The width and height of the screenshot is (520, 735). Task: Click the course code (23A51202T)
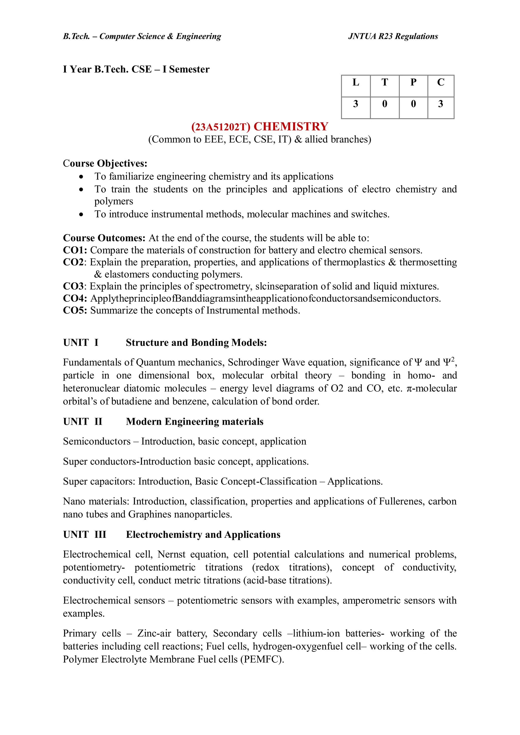tap(220, 127)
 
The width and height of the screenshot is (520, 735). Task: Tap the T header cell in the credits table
tap(384, 83)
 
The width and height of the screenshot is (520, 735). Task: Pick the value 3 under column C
tap(441, 104)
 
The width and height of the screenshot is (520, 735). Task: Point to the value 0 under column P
tap(413, 104)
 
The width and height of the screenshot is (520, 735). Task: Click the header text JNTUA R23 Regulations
tap(393, 37)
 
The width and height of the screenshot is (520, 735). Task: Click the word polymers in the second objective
tap(114, 201)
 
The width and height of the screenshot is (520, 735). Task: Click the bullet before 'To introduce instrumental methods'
tap(82, 214)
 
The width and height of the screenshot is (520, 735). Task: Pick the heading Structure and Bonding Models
tap(196, 343)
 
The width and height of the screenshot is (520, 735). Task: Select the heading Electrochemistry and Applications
tap(203, 535)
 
